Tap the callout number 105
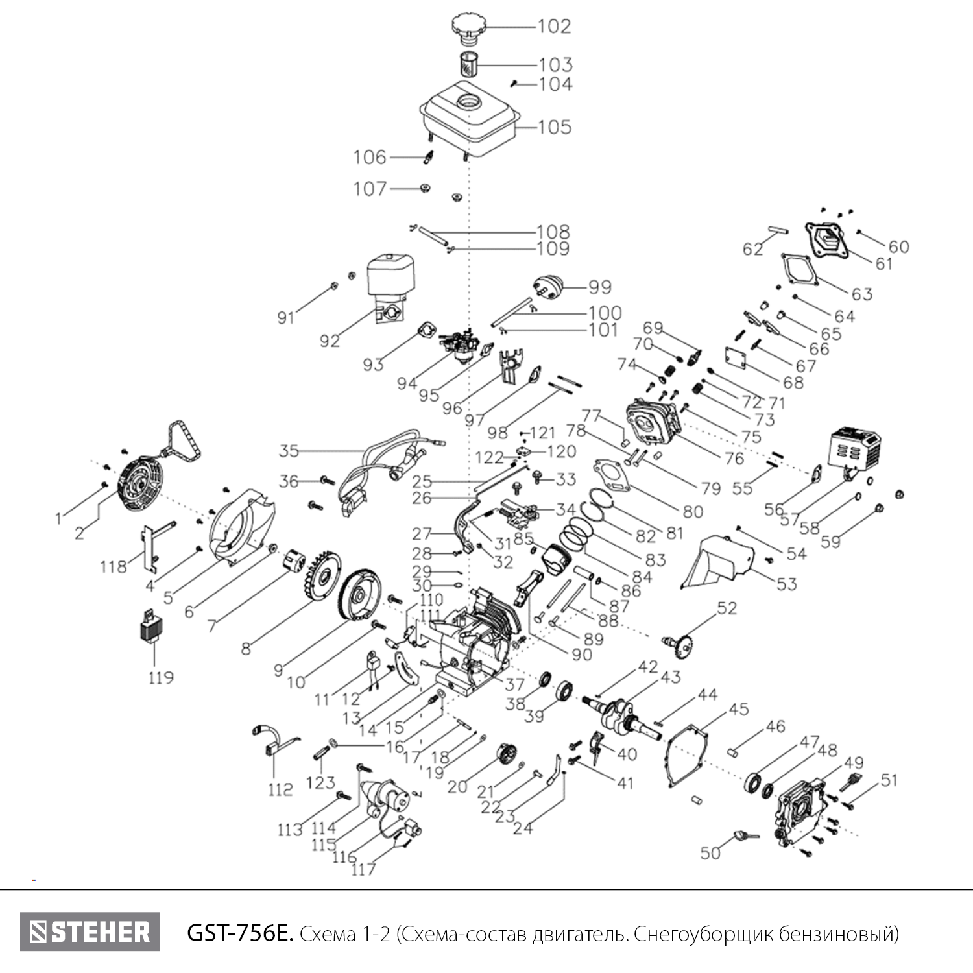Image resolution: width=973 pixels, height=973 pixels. [x=554, y=126]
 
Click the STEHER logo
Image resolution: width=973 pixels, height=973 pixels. [x=90, y=932]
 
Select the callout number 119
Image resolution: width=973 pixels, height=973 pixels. [x=160, y=678]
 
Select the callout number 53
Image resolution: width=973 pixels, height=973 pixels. [x=786, y=584]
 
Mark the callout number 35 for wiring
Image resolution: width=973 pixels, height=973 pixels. [x=289, y=450]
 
